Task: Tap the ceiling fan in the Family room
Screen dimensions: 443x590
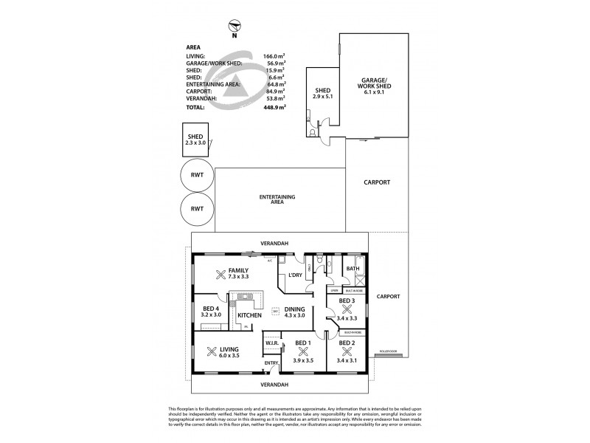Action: (219, 276)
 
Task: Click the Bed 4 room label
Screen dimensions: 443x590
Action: (211, 311)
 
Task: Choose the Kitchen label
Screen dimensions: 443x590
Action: (250, 315)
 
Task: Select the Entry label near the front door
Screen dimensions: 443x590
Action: (272, 363)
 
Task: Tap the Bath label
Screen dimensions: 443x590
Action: (363, 269)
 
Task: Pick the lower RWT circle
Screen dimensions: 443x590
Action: (196, 210)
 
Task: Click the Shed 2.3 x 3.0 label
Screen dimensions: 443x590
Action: (195, 140)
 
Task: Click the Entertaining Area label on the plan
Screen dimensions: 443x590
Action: (278, 199)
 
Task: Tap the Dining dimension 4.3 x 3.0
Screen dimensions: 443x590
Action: (296, 315)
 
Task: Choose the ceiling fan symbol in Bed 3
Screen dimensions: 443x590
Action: (346, 310)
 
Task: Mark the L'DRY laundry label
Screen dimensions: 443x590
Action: (295, 275)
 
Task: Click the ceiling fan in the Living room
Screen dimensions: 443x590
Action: (212, 351)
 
